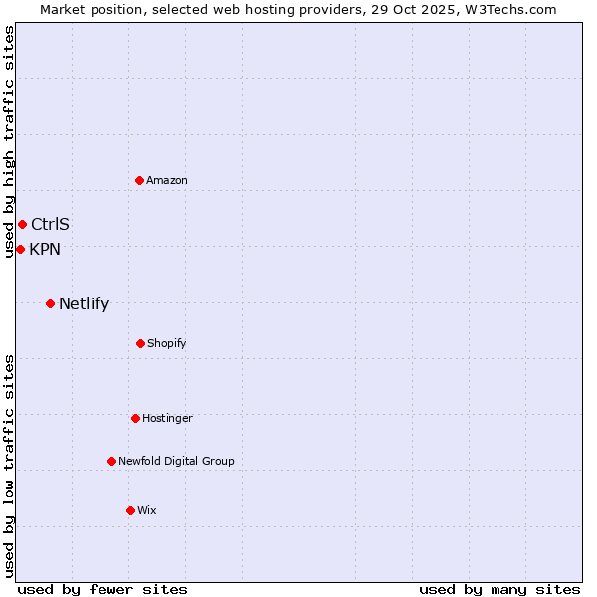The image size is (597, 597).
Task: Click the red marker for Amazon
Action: tap(139, 180)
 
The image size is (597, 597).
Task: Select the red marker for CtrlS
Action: tap(22, 224)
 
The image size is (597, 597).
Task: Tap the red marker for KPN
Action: tap(20, 249)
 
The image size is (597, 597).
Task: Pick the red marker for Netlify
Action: tap(50, 303)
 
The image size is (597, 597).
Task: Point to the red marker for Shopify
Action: tap(140, 343)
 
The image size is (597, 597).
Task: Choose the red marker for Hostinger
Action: tap(135, 418)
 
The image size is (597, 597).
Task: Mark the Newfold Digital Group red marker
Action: tap(111, 461)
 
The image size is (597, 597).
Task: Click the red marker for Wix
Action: tap(130, 510)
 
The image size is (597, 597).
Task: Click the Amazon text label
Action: tap(167, 180)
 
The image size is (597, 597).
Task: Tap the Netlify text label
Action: tap(84, 304)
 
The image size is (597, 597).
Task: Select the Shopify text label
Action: tap(167, 343)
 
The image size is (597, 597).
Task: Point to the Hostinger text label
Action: tap(167, 418)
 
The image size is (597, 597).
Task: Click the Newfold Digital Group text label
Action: tap(176, 461)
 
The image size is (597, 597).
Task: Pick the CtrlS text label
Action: tap(50, 224)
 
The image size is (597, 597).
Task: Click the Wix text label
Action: tap(147, 510)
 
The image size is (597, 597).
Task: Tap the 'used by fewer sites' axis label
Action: tap(102, 589)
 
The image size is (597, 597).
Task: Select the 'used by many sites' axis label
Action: tap(499, 589)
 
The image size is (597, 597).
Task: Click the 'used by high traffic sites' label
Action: tap(9, 141)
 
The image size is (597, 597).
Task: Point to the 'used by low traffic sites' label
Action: tap(9, 466)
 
